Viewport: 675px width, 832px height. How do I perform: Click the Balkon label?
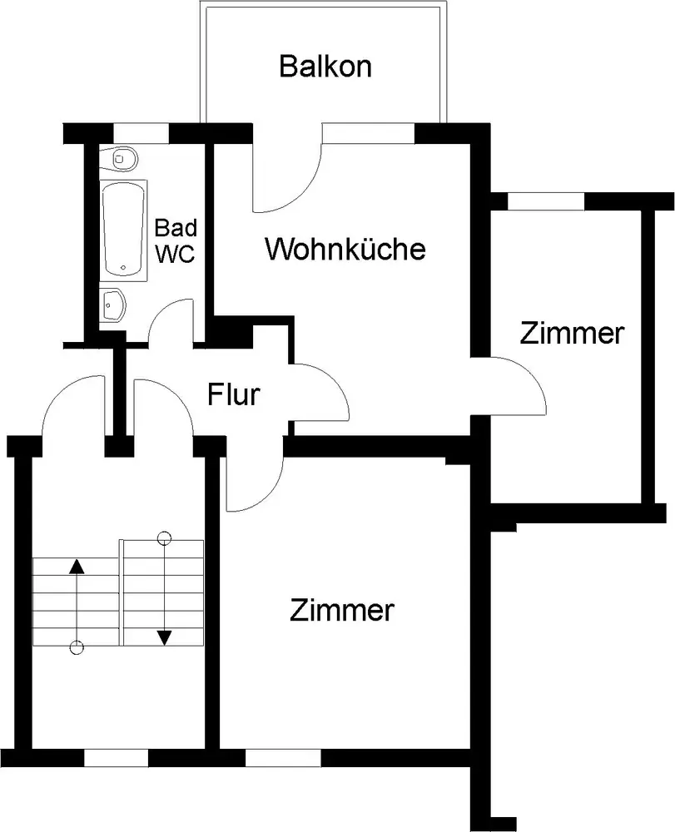325,67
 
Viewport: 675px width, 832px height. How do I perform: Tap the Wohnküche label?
345,248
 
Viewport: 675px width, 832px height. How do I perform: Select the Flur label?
234,394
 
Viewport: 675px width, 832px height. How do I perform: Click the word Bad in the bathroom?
176,228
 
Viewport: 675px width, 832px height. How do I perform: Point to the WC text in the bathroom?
175,254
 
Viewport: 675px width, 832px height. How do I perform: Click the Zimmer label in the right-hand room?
572,334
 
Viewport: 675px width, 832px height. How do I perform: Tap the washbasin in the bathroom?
113,305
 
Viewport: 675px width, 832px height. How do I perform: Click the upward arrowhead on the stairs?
77,566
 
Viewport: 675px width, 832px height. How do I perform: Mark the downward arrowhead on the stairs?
165,637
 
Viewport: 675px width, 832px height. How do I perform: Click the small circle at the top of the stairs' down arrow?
165,538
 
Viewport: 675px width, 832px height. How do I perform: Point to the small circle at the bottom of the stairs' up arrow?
77,647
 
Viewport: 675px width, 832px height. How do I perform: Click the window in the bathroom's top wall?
141,133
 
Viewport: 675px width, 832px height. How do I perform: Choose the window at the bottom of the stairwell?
117,758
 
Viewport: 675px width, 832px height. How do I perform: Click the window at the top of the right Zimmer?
546,201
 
